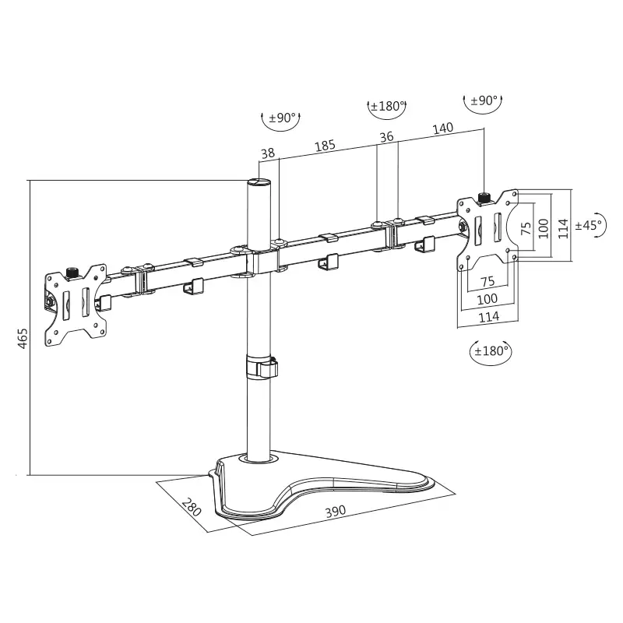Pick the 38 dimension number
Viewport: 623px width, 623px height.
(268, 153)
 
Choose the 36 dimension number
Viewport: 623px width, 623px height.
(386, 137)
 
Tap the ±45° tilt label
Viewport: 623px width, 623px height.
(589, 225)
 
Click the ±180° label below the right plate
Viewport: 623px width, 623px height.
(491, 350)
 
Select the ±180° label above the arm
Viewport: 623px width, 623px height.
(386, 106)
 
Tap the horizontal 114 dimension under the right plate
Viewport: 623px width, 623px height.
(487, 317)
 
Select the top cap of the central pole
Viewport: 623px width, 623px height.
(259, 182)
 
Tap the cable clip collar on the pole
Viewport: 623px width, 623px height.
(262, 368)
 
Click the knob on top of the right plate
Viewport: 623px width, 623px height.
(484, 198)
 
